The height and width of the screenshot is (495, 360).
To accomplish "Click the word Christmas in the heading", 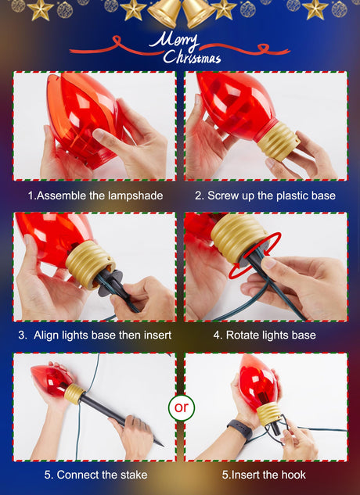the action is pos(192,56).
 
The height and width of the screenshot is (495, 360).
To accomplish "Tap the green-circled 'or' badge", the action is pos(182,407).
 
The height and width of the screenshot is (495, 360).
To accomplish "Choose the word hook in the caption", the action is pos(293,475).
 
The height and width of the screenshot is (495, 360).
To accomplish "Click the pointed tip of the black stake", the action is pos(164,446).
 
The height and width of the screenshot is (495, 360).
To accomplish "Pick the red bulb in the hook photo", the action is pos(258,381).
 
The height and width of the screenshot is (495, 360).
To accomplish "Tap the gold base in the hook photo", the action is pos(268,414).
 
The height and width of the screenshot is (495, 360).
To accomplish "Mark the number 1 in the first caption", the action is pos(31,195).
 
